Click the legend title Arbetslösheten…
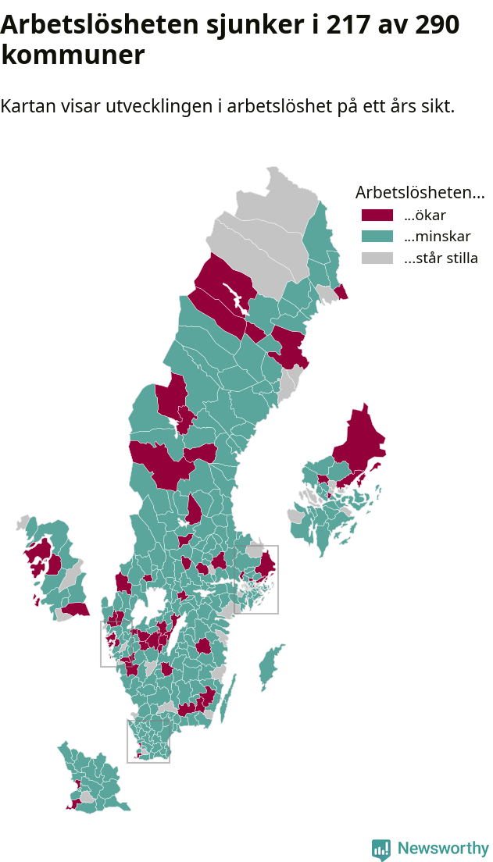click(420, 192)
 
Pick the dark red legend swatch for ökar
click(377, 215)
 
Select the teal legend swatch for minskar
click(377, 237)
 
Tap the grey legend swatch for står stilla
click(377, 258)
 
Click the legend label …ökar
click(424, 215)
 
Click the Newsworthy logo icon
click(381, 849)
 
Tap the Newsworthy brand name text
click(443, 849)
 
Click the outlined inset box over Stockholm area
click(256, 579)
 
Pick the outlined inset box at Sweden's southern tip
click(148, 741)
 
